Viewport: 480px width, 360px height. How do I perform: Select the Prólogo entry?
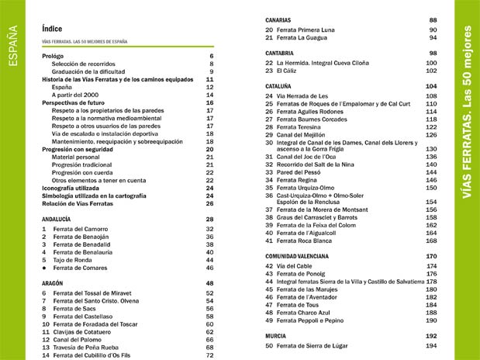54,56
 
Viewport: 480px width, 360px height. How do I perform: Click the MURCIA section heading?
276,335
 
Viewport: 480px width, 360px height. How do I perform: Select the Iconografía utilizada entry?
79,187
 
